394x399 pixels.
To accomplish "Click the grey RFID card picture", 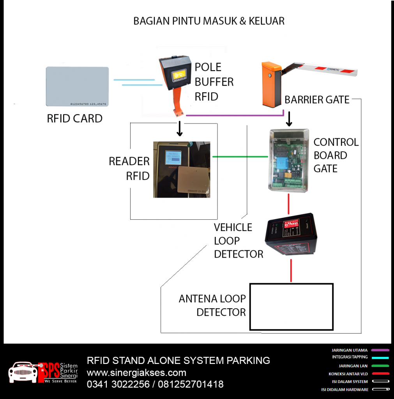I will [x=77, y=87].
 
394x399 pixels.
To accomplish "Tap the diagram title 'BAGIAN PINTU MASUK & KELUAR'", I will [x=209, y=21].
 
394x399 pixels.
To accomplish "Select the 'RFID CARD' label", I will [x=74, y=118].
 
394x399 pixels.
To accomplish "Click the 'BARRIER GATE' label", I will [x=317, y=100].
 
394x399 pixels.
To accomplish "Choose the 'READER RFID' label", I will [x=129, y=168].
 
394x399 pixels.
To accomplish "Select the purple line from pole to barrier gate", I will [x=234, y=115].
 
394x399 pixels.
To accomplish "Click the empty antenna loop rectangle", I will [x=291, y=307].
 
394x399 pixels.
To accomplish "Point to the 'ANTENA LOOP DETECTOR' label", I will [x=212, y=305].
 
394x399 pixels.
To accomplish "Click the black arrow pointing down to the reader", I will [x=180, y=129].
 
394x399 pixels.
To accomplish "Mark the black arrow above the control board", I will [x=289, y=119].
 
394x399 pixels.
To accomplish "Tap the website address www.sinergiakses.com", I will [x=136, y=372].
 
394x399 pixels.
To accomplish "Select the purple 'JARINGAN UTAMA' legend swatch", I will [x=380, y=350].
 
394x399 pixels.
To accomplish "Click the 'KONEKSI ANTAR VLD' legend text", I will [x=348, y=374].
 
